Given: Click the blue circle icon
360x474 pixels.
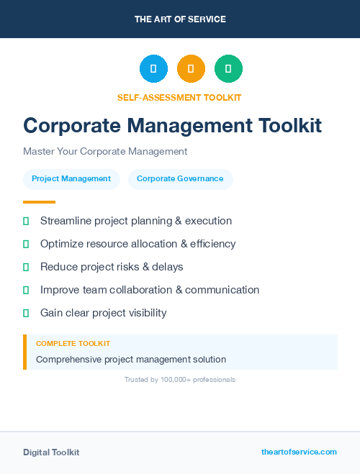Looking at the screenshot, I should tap(153, 69).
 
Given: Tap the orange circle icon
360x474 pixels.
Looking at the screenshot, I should tap(191, 69).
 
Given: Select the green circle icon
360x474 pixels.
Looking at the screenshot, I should tap(228, 69).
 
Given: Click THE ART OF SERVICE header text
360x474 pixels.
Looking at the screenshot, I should tap(180, 19).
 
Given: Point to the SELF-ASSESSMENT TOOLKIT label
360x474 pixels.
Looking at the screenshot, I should tap(179, 97).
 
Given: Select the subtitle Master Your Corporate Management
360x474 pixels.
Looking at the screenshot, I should tap(105, 152).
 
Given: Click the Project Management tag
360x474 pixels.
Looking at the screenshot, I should tap(71, 179).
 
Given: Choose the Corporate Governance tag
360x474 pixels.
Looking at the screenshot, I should tap(180, 179).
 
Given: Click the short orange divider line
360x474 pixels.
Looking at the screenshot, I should tap(39, 202).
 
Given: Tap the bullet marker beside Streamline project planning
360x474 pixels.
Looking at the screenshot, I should tap(26, 221).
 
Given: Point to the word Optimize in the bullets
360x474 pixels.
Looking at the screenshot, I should tap(61, 244).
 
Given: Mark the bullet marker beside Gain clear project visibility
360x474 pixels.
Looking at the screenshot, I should tap(26, 313).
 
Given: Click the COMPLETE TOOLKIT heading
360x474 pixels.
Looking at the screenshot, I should tap(73, 344).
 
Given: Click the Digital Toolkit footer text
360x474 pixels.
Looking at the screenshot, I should tap(51, 452).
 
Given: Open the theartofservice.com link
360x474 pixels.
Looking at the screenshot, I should tap(299, 452).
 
